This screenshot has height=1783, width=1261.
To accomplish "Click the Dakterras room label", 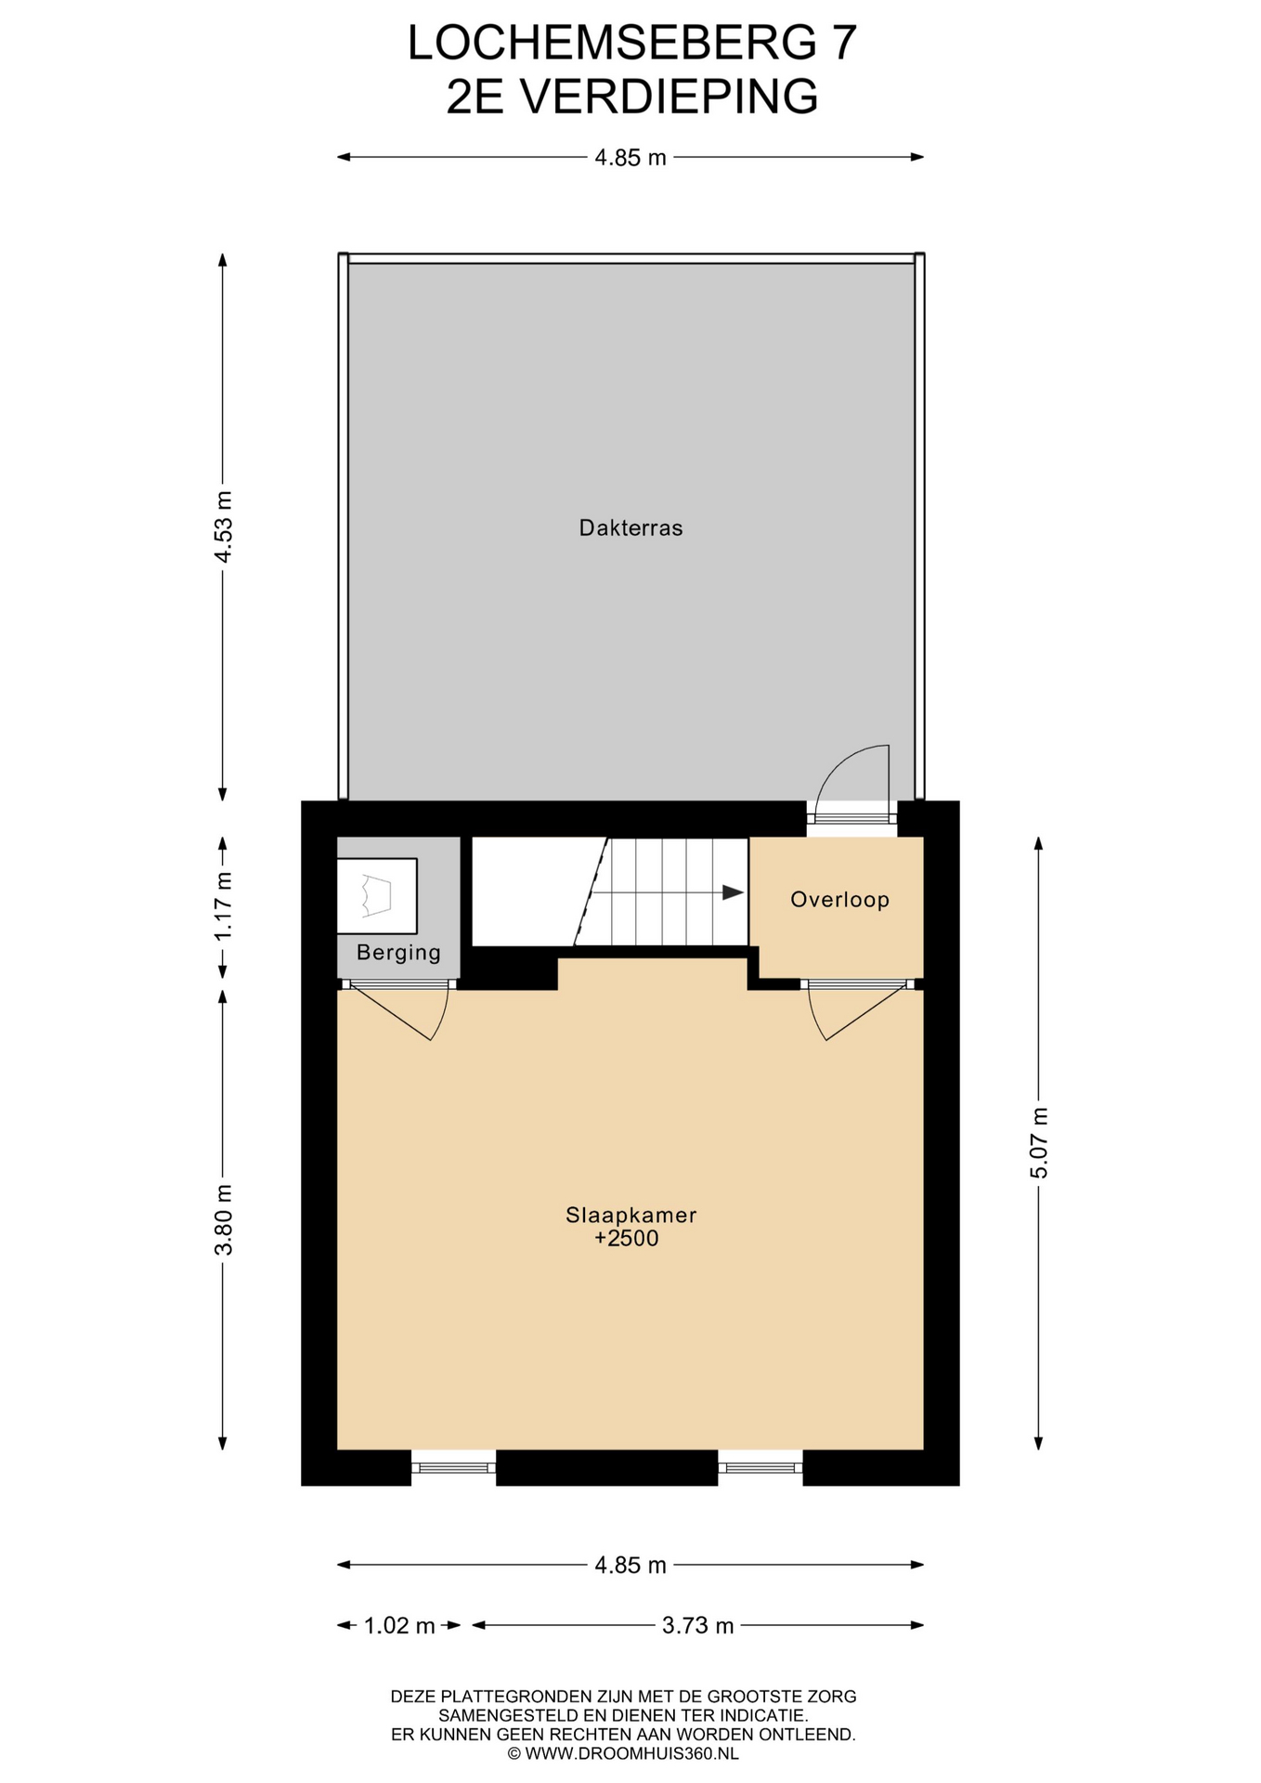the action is coord(630,528).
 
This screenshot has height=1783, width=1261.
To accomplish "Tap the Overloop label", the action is coord(839,899).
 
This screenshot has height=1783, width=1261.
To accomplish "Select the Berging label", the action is coord(398,953).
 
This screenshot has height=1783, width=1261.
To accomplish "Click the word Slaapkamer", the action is coord(630,1215).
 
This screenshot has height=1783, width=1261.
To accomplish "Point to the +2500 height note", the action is coord(627,1239).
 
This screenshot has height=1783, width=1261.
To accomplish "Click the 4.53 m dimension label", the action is coord(223,527).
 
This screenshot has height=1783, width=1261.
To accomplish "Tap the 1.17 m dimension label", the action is coord(223,906).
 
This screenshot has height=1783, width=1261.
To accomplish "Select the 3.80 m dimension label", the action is coord(223,1219).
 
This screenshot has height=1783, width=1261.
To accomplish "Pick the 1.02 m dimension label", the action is coord(399,1625).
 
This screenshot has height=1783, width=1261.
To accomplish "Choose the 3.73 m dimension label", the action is coord(698,1625).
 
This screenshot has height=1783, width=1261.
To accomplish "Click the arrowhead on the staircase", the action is coord(734,892).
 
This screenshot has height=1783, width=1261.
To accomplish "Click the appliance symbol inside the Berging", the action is coord(376,896).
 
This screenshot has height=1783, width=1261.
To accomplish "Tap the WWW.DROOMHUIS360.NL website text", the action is coord(631,1753).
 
